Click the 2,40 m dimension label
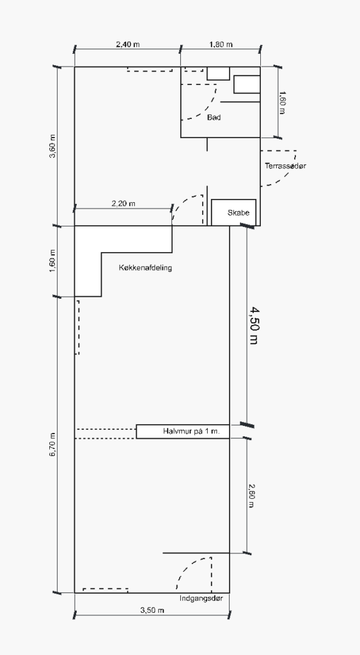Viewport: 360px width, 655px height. (128, 44)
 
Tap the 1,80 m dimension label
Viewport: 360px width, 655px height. (221, 44)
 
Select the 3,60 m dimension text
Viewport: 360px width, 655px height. (52, 146)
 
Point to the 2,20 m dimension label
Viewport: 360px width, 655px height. (123, 203)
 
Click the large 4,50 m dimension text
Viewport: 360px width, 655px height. (254, 326)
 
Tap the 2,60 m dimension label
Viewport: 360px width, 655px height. (251, 496)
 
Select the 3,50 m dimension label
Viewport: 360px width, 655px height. (152, 610)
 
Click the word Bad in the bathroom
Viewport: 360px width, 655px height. (214, 118)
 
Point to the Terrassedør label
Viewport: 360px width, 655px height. (285, 166)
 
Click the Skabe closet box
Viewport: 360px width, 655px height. (233, 212)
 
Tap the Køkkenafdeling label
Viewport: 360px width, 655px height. (145, 267)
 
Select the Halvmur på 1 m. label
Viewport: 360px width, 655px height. (191, 431)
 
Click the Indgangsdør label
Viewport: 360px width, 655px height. (201, 598)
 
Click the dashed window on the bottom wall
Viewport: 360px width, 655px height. (106, 590)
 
